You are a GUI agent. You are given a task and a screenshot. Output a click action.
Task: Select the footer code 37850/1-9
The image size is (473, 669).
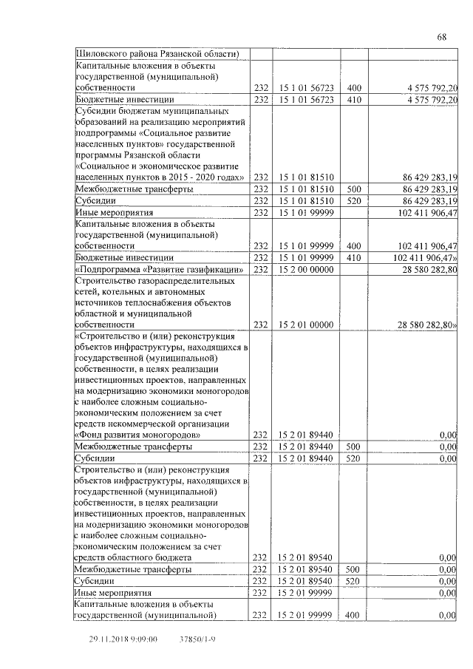click(197, 638)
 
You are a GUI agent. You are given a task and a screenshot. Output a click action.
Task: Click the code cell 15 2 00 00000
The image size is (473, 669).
click(306, 270)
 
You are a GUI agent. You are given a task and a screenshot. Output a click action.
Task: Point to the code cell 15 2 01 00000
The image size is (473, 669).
click(306, 325)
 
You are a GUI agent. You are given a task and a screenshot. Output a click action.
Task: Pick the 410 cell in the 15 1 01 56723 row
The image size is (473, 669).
click(353, 99)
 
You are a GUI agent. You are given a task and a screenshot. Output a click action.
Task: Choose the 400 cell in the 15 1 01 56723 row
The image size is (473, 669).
click(353, 87)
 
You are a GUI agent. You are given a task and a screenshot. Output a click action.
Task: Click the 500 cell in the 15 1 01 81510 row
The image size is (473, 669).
click(353, 189)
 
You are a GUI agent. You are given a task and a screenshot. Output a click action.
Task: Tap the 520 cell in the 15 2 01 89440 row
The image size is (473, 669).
click(353, 458)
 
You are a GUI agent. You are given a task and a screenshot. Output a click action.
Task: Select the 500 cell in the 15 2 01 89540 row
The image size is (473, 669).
click(353, 569)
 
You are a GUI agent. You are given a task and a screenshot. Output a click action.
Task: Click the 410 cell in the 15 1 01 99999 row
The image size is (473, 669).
click(353, 257)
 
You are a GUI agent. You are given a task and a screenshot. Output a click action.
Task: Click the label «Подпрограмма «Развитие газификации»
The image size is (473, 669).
click(160, 270)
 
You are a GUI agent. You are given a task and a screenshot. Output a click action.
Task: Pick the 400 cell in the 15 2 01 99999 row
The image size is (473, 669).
click(353, 615)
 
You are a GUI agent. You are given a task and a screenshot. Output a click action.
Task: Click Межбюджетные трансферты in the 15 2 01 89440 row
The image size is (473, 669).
click(133, 446)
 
